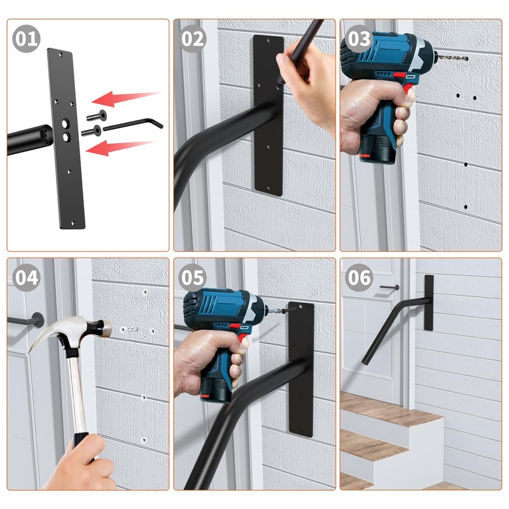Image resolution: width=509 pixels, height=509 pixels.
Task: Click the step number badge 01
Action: [x=26, y=39]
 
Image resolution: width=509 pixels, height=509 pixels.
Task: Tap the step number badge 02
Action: [x=193, y=39]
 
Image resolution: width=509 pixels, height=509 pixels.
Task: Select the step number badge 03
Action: [x=359, y=39]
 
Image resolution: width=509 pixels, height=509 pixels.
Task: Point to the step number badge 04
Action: [x=26, y=277]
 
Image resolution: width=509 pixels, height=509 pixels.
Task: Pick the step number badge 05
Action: [x=193, y=277]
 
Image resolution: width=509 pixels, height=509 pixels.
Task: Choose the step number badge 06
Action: [x=359, y=277]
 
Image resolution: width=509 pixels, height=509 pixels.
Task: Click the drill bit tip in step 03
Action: [x=466, y=59]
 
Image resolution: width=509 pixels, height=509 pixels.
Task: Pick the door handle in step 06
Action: [x=389, y=288]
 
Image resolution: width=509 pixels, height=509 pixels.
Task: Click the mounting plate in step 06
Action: [x=429, y=303]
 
